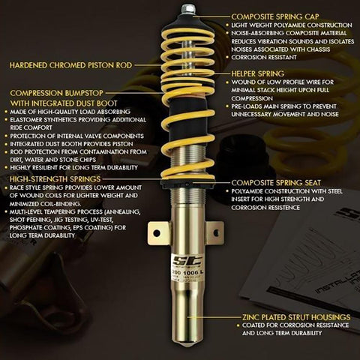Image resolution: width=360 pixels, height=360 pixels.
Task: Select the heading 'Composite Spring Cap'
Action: point(275,15)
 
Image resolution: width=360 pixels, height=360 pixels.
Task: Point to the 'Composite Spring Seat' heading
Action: point(277,181)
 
